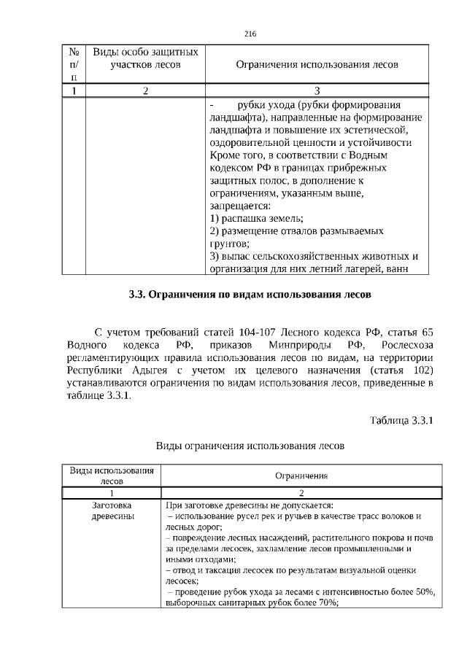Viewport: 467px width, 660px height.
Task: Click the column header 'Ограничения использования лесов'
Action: coord(317,64)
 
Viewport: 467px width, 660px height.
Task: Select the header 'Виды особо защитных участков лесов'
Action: coord(145,58)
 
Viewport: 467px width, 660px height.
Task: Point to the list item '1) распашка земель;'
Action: coord(256,219)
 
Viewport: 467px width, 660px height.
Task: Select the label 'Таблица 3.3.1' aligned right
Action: coord(402,421)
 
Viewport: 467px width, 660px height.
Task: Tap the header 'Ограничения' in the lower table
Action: coord(301,475)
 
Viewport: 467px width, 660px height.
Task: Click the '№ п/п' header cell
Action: coord(74,64)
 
